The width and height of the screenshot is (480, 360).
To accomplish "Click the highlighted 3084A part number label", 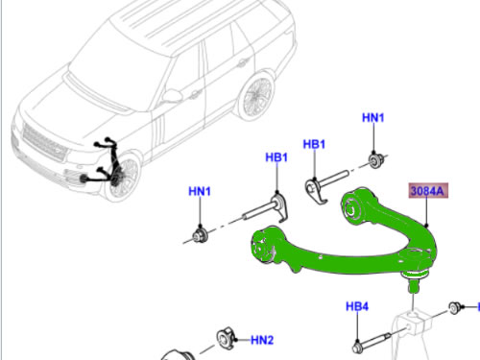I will pos(427,192).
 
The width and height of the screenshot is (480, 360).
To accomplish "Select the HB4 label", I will pos(357,307).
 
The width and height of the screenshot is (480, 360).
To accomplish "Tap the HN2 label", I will pos(262,340).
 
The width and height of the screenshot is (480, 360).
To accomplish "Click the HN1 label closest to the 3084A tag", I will pos(372,118).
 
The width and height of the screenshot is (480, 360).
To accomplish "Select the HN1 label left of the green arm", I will pos(199,192).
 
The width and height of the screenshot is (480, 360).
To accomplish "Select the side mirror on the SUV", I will pos(173,95).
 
